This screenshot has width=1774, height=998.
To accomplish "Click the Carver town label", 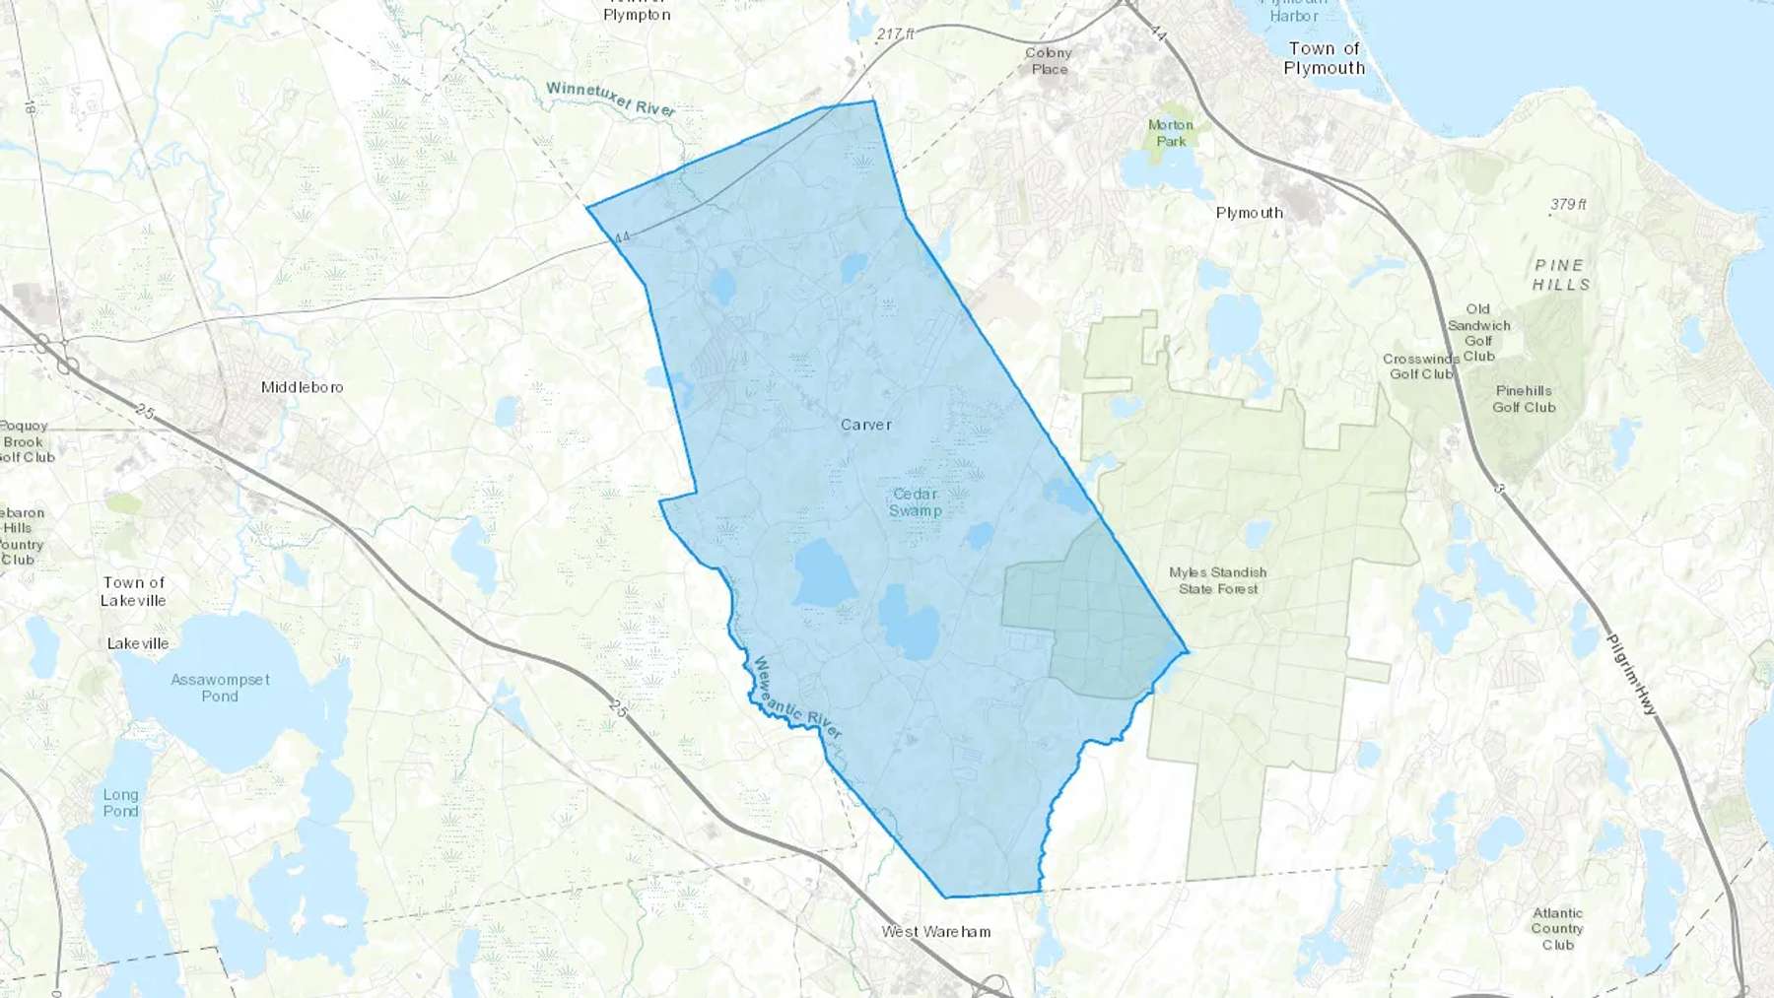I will pyautogui.click(x=865, y=425).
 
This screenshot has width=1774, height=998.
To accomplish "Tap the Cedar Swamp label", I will pyautogui.click(x=916, y=502).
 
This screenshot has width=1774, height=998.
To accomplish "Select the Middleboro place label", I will pyautogui.click(x=302, y=387).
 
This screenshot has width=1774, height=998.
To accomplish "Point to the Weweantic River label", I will pyautogui.click(x=797, y=699).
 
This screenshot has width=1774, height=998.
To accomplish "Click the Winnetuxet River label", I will pyautogui.click(x=611, y=99).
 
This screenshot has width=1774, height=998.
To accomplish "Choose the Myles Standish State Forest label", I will pyautogui.click(x=1218, y=580).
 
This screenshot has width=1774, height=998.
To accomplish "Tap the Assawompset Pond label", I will pyautogui.click(x=220, y=688).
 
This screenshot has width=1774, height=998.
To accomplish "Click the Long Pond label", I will pyautogui.click(x=120, y=803).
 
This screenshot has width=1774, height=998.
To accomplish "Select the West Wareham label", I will pyautogui.click(x=935, y=931).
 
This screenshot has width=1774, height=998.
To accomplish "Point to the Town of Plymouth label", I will pyautogui.click(x=1325, y=58).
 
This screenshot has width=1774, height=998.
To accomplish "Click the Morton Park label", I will pyautogui.click(x=1171, y=133).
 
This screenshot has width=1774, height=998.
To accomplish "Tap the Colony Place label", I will pyautogui.click(x=1049, y=61).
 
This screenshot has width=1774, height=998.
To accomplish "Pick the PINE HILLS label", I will pyautogui.click(x=1560, y=275).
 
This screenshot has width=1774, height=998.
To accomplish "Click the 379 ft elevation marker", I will pyautogui.click(x=1568, y=205).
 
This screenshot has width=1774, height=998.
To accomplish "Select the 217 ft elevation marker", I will pyautogui.click(x=895, y=34).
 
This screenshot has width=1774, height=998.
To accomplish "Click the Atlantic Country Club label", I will pyautogui.click(x=1557, y=929).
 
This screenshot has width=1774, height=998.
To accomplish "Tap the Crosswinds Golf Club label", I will pyautogui.click(x=1420, y=366).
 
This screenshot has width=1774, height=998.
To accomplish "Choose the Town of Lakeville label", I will pyautogui.click(x=133, y=591).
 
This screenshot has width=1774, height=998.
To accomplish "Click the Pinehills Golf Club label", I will pyautogui.click(x=1524, y=399).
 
